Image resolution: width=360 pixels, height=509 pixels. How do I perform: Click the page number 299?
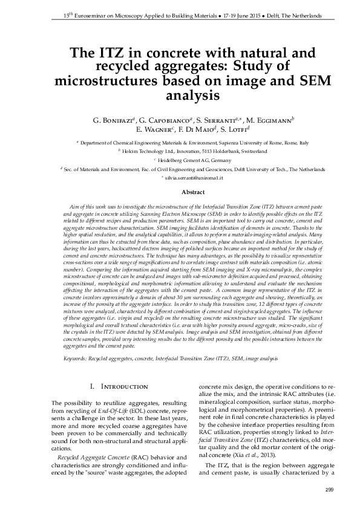(329, 490)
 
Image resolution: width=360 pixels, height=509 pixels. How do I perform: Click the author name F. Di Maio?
(195, 129)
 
